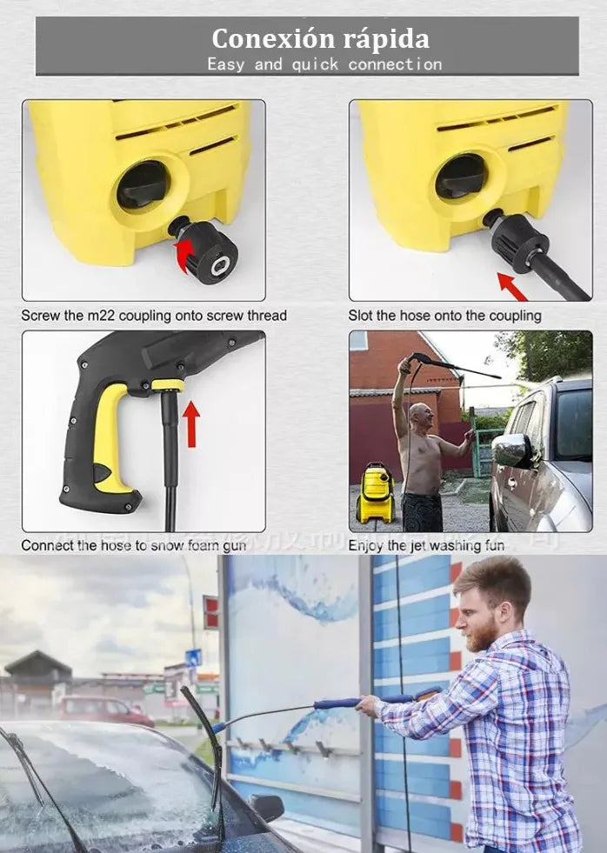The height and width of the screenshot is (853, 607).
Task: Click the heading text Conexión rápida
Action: pos(319,39)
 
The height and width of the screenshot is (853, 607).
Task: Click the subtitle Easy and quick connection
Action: pos(324,64)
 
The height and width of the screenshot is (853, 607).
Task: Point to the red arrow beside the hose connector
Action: pos(512,286)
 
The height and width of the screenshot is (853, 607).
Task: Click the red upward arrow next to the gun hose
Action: pos(190,423)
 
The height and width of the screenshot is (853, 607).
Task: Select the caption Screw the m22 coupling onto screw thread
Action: pos(154,316)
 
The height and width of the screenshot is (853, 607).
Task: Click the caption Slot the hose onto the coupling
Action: pos(444,316)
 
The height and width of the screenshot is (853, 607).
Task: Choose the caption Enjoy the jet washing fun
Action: pos(426,545)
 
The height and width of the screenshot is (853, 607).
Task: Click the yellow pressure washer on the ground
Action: pos(376,493)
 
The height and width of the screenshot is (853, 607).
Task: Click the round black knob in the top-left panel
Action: pos(143,184)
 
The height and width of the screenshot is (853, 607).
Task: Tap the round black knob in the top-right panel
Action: pos(461,176)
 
